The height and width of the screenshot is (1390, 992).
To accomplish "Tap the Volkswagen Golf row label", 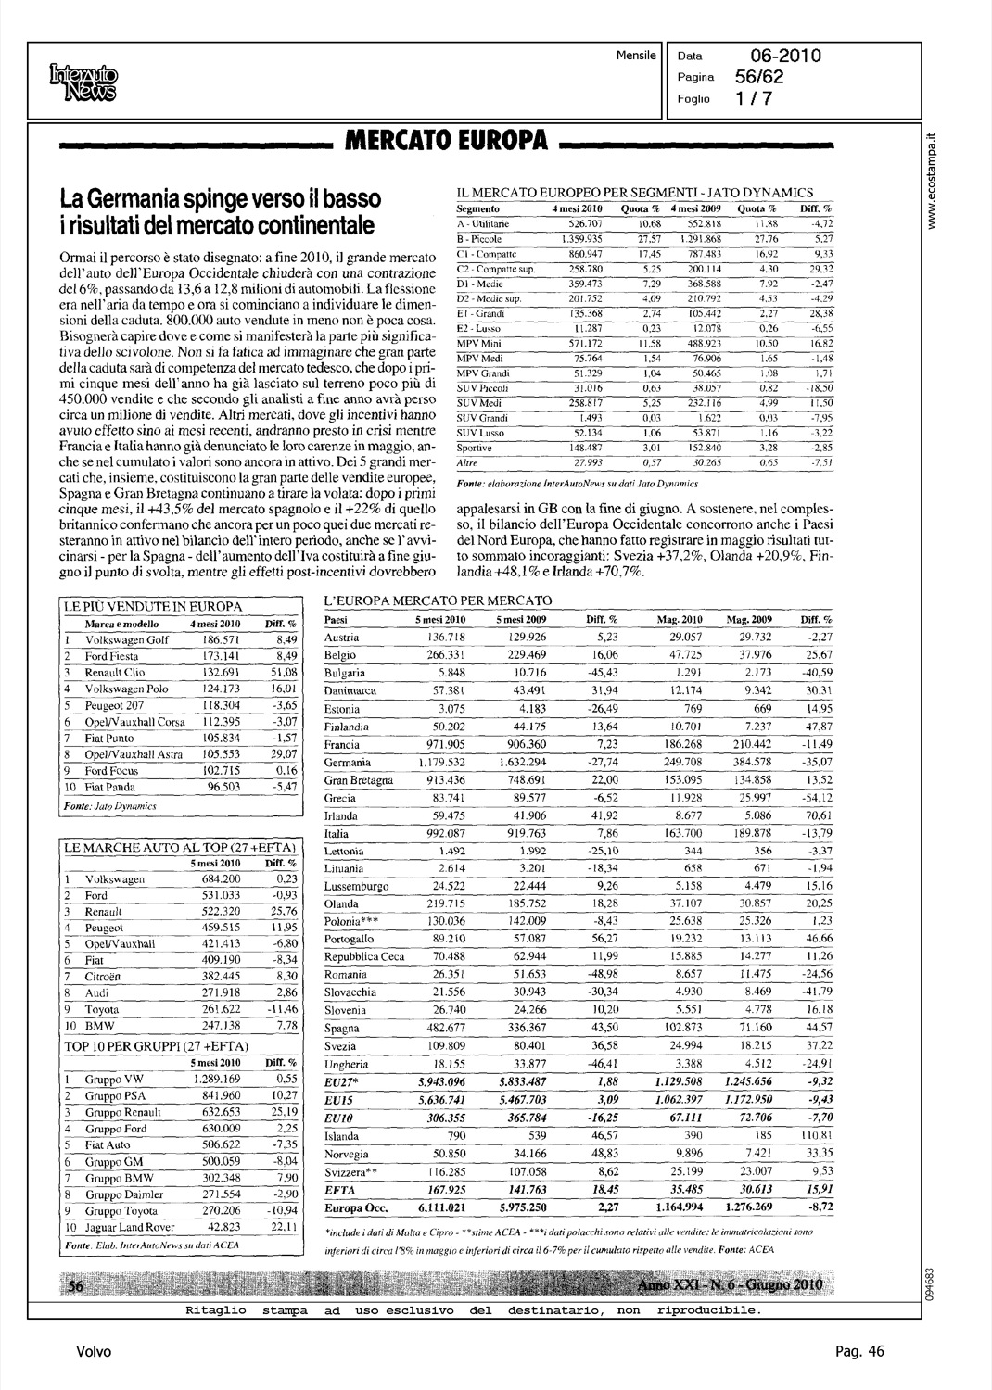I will pyautogui.click(x=127, y=640).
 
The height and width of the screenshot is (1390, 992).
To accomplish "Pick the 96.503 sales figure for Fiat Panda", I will pyautogui.click(x=217, y=787).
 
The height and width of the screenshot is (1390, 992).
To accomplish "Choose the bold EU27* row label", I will pyautogui.click(x=340, y=1081).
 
